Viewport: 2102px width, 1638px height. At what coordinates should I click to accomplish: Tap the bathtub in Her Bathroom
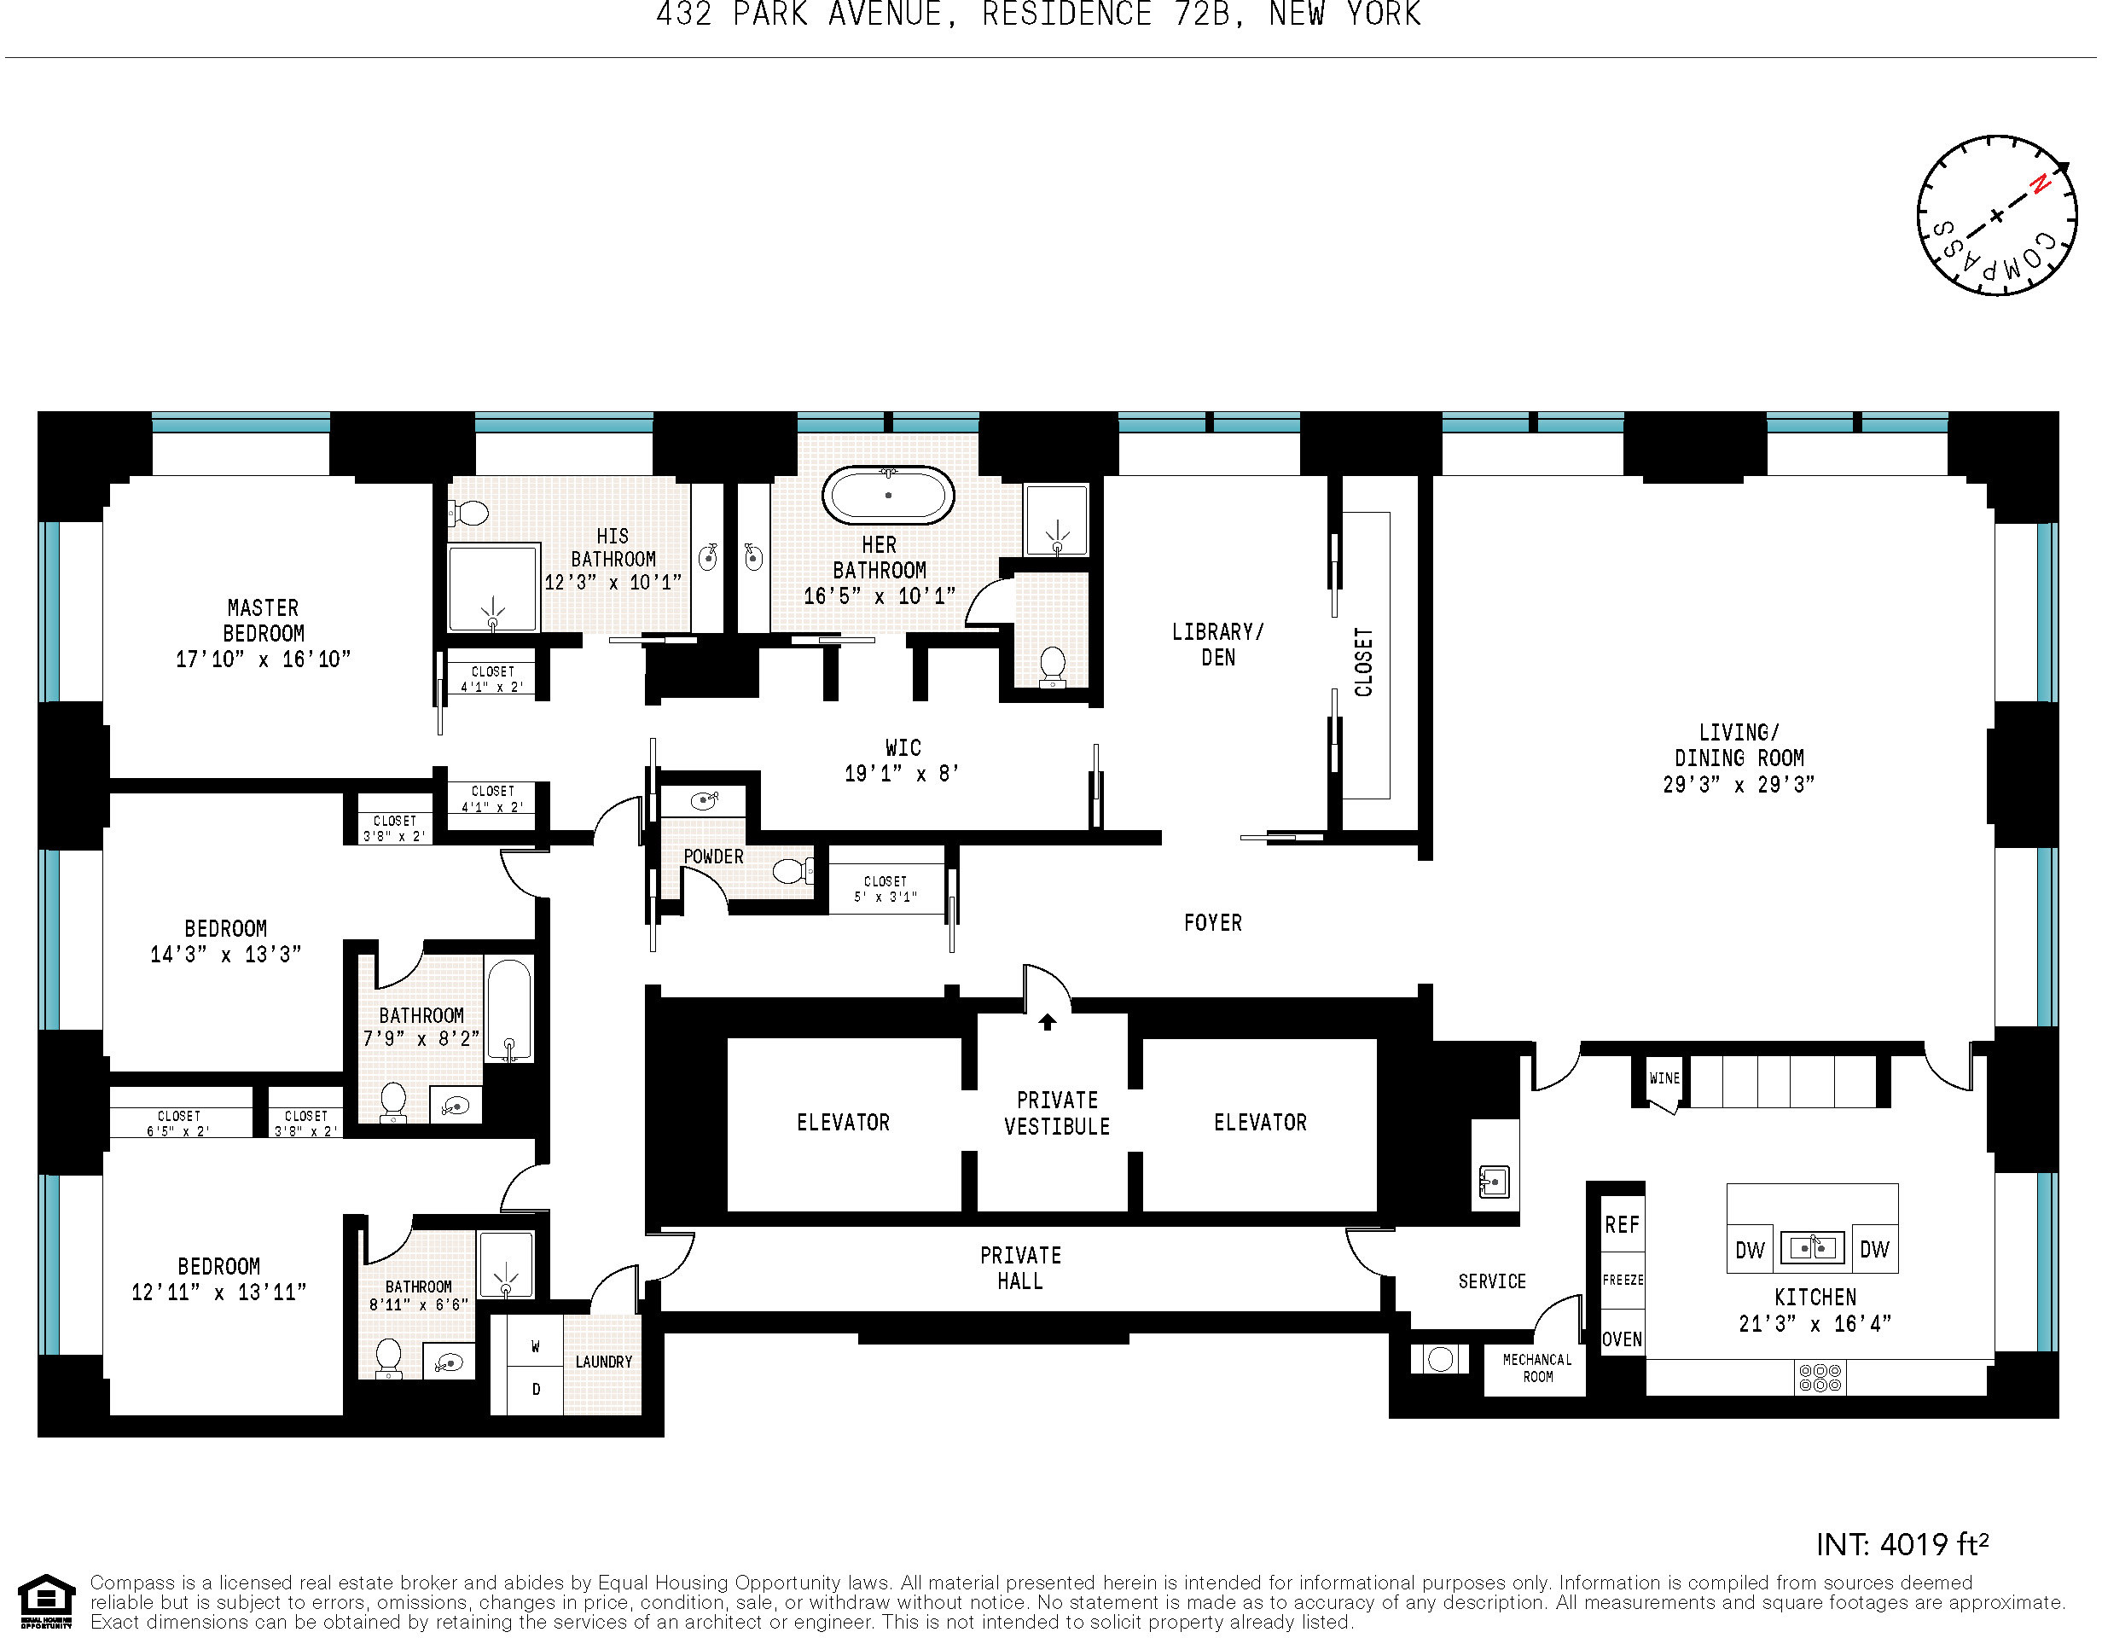[x=887, y=496]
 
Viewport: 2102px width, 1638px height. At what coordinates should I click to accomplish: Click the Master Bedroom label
[x=263, y=633]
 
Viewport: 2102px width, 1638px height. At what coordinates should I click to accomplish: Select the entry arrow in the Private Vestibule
[x=1047, y=1022]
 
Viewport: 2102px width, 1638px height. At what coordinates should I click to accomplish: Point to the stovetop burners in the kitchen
[x=1820, y=1377]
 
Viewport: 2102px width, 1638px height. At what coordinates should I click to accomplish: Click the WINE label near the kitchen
[x=1664, y=1077]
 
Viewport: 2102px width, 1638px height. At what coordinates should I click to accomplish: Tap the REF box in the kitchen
[x=1622, y=1225]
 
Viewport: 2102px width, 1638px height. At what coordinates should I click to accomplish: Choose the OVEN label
[x=1622, y=1339]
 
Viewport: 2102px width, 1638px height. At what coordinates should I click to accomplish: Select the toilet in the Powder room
[x=793, y=872]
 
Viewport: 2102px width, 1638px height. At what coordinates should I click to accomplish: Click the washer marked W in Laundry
[x=535, y=1346]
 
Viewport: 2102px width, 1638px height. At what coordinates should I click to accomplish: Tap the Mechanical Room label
[x=1537, y=1368]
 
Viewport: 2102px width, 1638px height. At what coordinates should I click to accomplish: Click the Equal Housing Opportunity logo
[x=46, y=1601]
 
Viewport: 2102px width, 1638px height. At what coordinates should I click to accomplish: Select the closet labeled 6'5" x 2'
[x=179, y=1123]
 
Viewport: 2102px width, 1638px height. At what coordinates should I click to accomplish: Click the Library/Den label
[x=1217, y=645]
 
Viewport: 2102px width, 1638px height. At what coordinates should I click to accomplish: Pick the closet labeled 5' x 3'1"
[x=886, y=888]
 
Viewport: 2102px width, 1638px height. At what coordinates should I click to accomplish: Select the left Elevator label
[x=843, y=1122]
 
